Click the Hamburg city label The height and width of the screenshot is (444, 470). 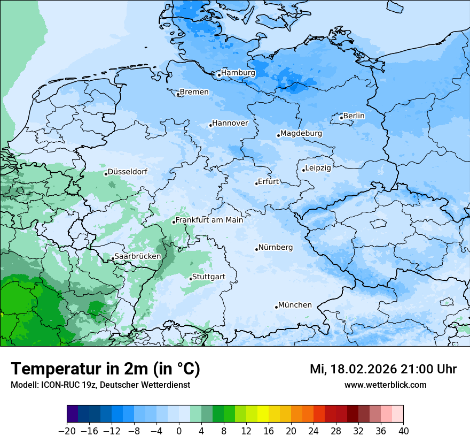238,73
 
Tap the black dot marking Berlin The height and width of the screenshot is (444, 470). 341,118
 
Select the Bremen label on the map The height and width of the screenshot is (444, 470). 194,92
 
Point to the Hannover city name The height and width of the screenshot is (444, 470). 230,123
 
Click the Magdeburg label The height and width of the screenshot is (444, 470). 301,133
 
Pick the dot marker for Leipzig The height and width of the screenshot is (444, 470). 303,170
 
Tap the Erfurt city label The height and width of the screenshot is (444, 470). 269,181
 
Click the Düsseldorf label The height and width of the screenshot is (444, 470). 128,172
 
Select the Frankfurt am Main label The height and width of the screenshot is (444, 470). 209,220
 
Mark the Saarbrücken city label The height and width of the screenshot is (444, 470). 138,256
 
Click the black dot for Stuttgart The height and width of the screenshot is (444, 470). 191,279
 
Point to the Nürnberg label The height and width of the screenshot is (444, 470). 276,248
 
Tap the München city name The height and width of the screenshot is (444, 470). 295,305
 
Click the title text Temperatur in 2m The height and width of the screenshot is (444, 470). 105,369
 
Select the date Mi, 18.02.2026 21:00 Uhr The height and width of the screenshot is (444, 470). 383,369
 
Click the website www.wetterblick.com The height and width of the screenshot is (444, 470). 385,385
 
